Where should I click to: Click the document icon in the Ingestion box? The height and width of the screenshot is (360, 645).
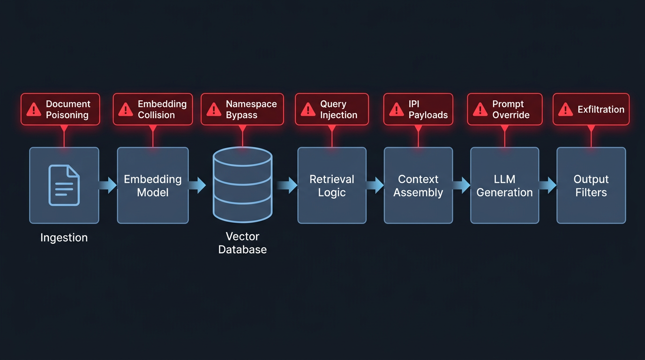64,185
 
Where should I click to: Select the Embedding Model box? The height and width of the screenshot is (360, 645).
153,186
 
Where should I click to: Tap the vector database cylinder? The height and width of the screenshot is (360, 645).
242,185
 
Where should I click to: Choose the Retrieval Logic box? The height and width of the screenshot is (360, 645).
332,186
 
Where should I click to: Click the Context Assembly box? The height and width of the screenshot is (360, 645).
418,186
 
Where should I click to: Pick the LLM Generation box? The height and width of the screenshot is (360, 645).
504,186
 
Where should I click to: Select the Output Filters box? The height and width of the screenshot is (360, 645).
591,186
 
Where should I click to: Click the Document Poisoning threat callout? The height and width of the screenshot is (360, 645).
60,109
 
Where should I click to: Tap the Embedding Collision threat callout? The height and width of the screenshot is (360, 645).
153,109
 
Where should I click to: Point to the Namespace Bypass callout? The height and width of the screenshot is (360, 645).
242,109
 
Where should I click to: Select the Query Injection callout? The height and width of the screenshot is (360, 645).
332,109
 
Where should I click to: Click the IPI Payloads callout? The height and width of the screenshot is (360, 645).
418,109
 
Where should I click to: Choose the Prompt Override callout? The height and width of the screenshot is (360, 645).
504,109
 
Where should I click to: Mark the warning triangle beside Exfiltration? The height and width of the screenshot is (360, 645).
566,110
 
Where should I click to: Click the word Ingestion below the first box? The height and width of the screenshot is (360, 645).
64,238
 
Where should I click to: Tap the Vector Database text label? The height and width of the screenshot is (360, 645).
242,243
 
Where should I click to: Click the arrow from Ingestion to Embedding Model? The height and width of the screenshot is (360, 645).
108,185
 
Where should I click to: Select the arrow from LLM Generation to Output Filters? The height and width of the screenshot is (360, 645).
548,185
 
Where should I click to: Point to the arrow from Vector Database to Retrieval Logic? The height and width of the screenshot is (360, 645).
287,185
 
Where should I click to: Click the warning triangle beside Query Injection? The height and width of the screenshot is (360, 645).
308,110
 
